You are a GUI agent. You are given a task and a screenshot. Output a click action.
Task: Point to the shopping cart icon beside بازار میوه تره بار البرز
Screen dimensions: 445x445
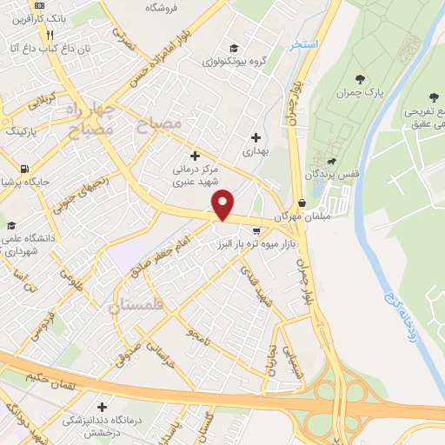tap(257, 230)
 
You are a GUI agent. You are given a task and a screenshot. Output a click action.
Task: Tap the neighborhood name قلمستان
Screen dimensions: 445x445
tap(139, 306)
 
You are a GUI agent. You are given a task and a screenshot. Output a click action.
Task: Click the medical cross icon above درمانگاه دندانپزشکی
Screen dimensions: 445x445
tap(103, 406)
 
